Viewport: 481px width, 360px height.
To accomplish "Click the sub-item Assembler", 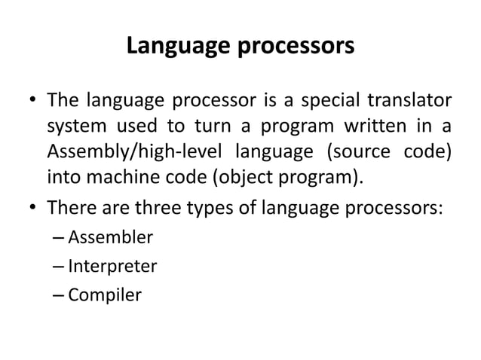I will tap(110, 239).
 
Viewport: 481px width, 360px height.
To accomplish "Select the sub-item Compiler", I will tap(104, 294).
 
